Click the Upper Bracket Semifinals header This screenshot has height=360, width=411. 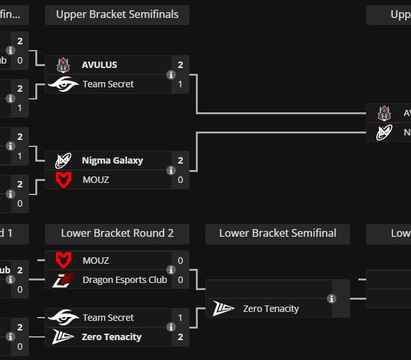click(117, 15)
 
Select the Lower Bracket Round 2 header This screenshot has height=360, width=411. click(117, 234)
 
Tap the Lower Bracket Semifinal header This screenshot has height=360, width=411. click(277, 234)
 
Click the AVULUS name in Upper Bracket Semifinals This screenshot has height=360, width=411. click(100, 65)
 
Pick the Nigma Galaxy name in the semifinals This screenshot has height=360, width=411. click(112, 160)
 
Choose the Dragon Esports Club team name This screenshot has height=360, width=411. click(125, 280)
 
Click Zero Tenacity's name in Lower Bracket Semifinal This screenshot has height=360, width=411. click(271, 309)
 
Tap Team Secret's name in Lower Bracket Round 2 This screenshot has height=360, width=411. click(108, 318)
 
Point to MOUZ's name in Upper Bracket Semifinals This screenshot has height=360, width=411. click(96, 180)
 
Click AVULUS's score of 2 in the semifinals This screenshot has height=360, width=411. click(180, 65)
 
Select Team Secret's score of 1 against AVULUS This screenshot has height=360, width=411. click(180, 84)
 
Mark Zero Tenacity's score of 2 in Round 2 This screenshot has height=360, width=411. click(180, 337)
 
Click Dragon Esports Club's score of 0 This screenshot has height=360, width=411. click(180, 280)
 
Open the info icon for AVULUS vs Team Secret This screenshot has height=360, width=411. click(171, 74)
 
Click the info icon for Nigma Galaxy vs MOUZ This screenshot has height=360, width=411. click(171, 170)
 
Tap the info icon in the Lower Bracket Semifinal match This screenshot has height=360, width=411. click(331, 298)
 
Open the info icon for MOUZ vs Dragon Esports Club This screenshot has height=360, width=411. click(171, 270)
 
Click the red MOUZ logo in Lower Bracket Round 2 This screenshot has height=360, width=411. click(63, 261)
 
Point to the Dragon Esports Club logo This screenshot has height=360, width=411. click(64, 280)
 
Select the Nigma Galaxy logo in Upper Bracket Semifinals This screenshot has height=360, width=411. click(63, 160)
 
